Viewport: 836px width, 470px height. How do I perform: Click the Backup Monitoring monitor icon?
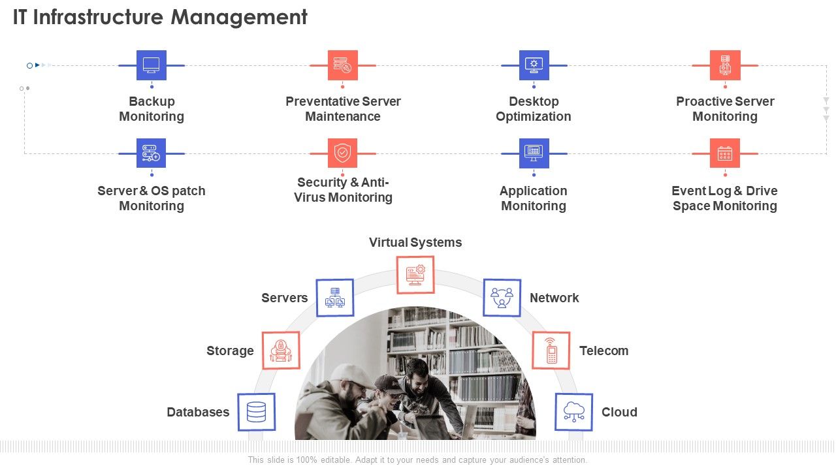(x=152, y=65)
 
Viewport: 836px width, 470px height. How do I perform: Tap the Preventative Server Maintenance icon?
(x=342, y=65)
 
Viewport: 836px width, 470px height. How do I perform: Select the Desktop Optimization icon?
(x=534, y=65)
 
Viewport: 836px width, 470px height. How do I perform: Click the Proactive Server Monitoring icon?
(x=725, y=65)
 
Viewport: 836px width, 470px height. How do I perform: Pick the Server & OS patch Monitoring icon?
(x=152, y=153)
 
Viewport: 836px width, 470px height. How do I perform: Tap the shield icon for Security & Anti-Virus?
(x=342, y=153)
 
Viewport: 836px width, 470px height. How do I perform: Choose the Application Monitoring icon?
(x=534, y=153)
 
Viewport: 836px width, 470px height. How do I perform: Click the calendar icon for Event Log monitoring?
(x=725, y=153)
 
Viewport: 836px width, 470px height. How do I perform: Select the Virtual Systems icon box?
(x=415, y=274)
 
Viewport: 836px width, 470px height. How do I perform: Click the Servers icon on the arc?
(x=335, y=298)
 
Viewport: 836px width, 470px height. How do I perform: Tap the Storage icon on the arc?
(x=281, y=351)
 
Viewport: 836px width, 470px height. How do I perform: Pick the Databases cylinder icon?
(x=256, y=412)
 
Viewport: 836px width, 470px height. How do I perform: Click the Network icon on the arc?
(x=502, y=298)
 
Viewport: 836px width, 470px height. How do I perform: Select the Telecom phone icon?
(x=552, y=351)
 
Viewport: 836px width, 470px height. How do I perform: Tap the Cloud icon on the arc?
(x=574, y=412)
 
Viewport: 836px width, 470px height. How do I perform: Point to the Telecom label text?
(x=603, y=351)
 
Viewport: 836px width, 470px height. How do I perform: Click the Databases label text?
(x=198, y=412)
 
